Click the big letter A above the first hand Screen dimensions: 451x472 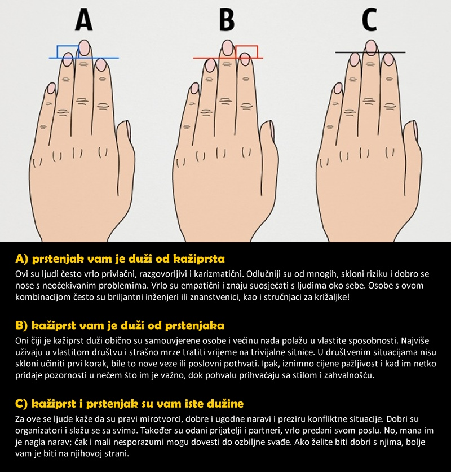[83, 20]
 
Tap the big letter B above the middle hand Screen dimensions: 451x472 [227, 20]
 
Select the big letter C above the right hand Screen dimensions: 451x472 [369, 20]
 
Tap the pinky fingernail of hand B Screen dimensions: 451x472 [195, 88]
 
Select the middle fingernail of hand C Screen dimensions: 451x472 [372, 47]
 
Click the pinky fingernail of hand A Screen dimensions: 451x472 [52, 88]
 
